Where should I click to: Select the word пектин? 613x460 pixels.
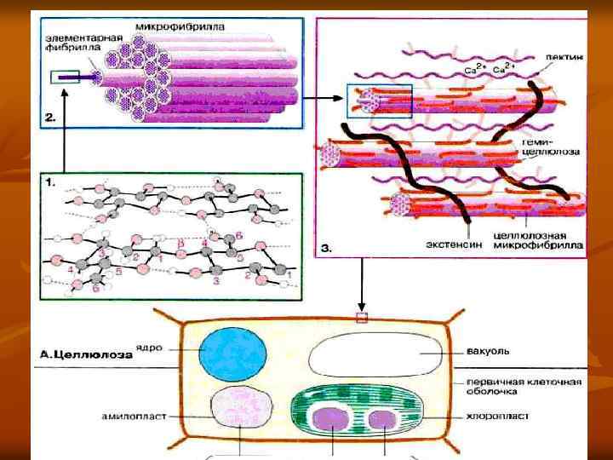[565, 58]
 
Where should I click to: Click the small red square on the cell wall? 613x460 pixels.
[362, 318]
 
